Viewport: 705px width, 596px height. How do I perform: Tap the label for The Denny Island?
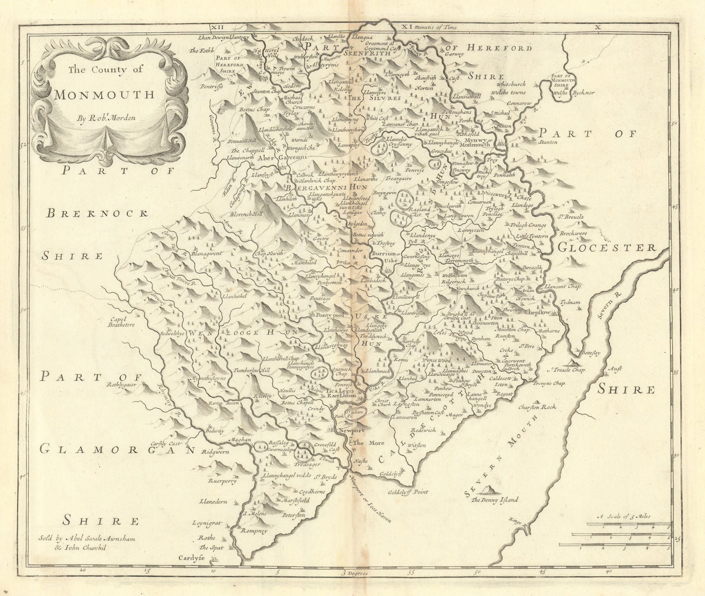point(494,500)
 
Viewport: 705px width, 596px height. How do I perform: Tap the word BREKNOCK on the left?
point(96,214)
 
